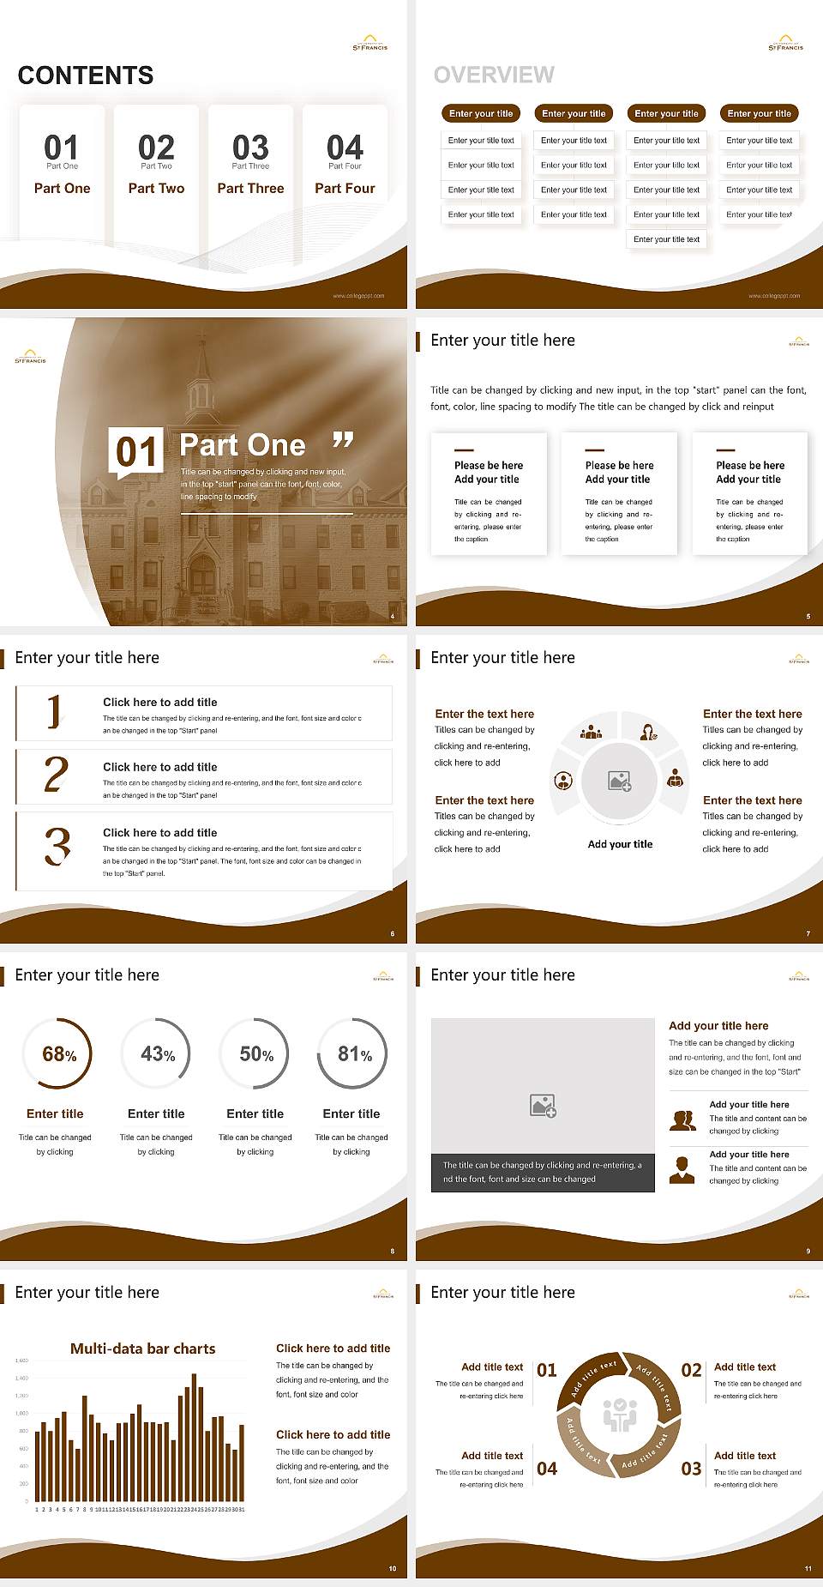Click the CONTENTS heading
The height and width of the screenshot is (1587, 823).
point(86,75)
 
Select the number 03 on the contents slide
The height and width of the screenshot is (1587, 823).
point(250,147)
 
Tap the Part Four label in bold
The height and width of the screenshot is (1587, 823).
point(345,188)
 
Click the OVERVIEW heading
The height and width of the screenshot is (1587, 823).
point(494,75)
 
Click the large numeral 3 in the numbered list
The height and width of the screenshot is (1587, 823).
point(57,846)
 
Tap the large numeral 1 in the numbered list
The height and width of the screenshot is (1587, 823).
point(55,711)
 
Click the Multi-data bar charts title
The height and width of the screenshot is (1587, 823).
point(143,1349)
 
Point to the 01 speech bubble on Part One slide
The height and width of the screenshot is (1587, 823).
point(136,451)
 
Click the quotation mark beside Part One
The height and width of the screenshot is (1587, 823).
point(343,441)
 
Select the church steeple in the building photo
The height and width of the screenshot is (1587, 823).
point(202,377)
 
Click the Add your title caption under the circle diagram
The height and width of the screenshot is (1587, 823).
point(620,844)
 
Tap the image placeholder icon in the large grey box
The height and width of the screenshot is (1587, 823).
point(543,1106)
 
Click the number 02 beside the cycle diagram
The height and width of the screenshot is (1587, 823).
point(691,1370)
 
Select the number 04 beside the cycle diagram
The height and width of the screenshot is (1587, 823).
point(547,1469)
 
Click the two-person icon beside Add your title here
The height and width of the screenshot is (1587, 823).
point(682,1120)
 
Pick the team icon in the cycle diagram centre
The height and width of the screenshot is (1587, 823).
point(620,1414)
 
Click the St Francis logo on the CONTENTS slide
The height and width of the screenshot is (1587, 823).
point(370,43)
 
